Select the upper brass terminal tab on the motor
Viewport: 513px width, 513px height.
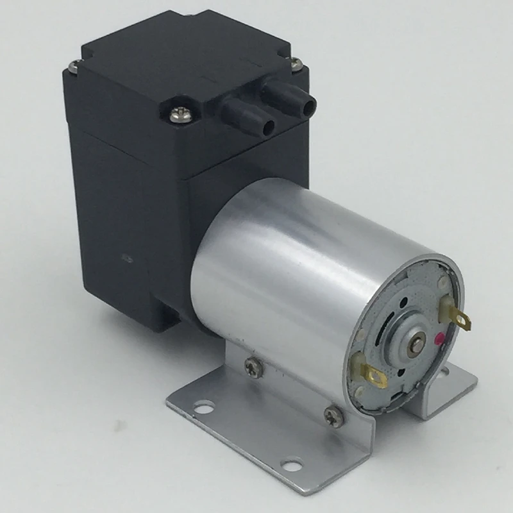pos(457,316)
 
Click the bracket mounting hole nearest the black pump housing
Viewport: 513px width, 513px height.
pos(204,405)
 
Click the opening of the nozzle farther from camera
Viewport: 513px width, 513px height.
pos(311,101)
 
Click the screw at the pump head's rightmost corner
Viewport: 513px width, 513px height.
pos(296,63)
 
